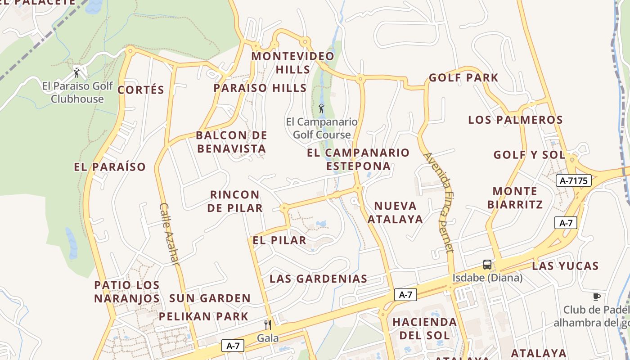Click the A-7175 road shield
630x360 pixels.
coord(574,181)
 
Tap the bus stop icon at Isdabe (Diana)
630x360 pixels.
coord(487,264)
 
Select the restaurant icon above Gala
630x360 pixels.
coord(268,324)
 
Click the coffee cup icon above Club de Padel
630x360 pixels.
coord(597,297)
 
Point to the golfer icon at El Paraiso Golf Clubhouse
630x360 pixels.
coord(76,72)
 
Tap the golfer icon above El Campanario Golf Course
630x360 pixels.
coord(321,108)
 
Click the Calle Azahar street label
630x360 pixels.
coord(169,234)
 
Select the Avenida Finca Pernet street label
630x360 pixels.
coord(439,202)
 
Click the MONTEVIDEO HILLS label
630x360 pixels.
coord(293,63)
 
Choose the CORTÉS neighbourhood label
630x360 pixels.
coord(141,90)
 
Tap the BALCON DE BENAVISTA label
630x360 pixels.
coord(232,142)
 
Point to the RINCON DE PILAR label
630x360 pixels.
coord(235,201)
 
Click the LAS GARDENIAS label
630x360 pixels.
coord(319,279)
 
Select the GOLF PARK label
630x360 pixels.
coord(463,78)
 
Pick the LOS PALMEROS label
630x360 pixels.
coord(515,120)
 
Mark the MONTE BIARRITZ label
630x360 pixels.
coord(515,198)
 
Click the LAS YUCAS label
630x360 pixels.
coord(565,266)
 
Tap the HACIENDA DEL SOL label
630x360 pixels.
coord(424,328)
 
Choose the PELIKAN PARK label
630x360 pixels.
coord(203,316)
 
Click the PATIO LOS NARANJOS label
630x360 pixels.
coord(127,292)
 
